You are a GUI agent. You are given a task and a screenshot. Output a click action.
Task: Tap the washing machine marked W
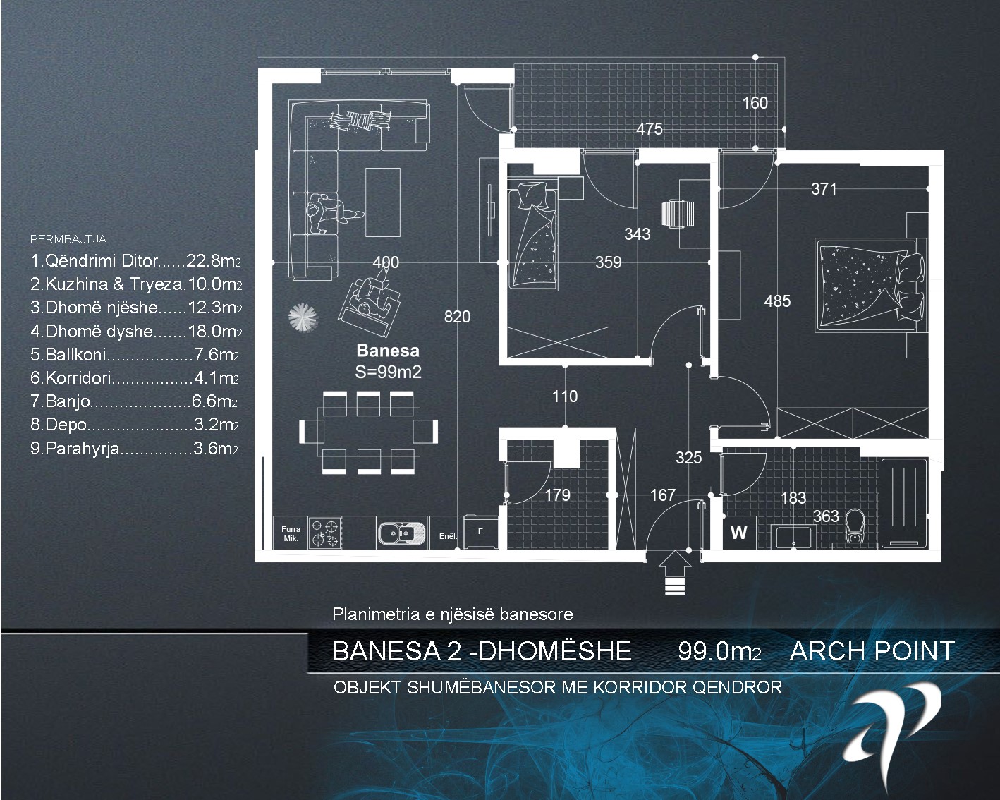(738, 532)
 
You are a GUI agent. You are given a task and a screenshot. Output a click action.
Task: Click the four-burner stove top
(324, 533)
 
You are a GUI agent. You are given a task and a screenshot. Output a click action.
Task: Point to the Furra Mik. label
(291, 533)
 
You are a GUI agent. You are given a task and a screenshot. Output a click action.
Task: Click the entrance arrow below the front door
(675, 572)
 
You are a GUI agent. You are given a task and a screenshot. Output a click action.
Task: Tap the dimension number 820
(457, 317)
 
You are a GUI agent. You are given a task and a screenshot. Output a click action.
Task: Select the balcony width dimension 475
(650, 129)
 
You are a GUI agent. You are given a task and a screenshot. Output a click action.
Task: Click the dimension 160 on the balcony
(755, 103)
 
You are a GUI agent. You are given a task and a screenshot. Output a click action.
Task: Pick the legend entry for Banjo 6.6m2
(134, 401)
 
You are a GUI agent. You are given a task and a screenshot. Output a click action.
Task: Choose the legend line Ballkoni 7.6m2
(135, 355)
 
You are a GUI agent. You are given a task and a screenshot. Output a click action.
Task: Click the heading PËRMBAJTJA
(68, 239)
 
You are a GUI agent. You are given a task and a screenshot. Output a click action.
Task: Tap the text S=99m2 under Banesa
(388, 372)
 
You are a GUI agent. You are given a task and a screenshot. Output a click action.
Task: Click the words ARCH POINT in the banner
(872, 650)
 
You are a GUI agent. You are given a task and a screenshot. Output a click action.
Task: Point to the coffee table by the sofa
(383, 202)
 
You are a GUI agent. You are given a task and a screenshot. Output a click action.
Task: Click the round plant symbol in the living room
(303, 317)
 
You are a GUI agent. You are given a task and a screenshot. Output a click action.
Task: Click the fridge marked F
(480, 532)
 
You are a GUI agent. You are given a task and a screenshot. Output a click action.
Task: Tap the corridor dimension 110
(565, 396)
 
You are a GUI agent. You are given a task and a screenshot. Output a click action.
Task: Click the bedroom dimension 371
(824, 189)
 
